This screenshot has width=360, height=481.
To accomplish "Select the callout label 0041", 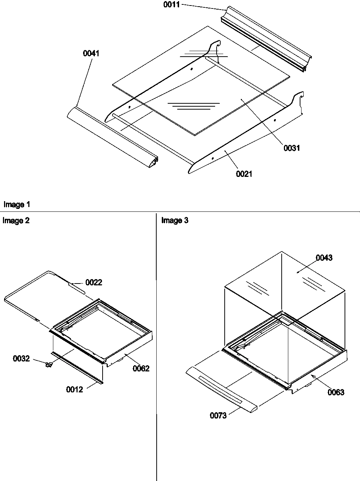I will (91, 54).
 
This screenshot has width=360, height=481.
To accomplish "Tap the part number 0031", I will (292, 148).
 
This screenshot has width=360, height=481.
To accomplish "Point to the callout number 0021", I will (244, 174).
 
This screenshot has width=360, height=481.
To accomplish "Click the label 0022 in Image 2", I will (94, 282).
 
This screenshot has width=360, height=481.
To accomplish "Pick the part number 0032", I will (21, 358).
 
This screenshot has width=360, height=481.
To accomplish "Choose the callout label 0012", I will (75, 390).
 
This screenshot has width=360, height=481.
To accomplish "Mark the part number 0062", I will (141, 368).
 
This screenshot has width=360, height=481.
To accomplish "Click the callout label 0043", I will (324, 258).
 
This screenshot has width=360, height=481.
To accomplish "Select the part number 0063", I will (336, 392).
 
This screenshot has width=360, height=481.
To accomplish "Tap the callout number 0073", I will (218, 416).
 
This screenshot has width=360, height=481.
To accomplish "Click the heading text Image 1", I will (17, 204).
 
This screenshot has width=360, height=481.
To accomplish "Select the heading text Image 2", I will (16, 221).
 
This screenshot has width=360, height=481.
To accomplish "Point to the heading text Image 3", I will (175, 221).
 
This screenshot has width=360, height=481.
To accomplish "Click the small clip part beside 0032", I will (48, 365).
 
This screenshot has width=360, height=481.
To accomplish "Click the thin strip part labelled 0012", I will (77, 368).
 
